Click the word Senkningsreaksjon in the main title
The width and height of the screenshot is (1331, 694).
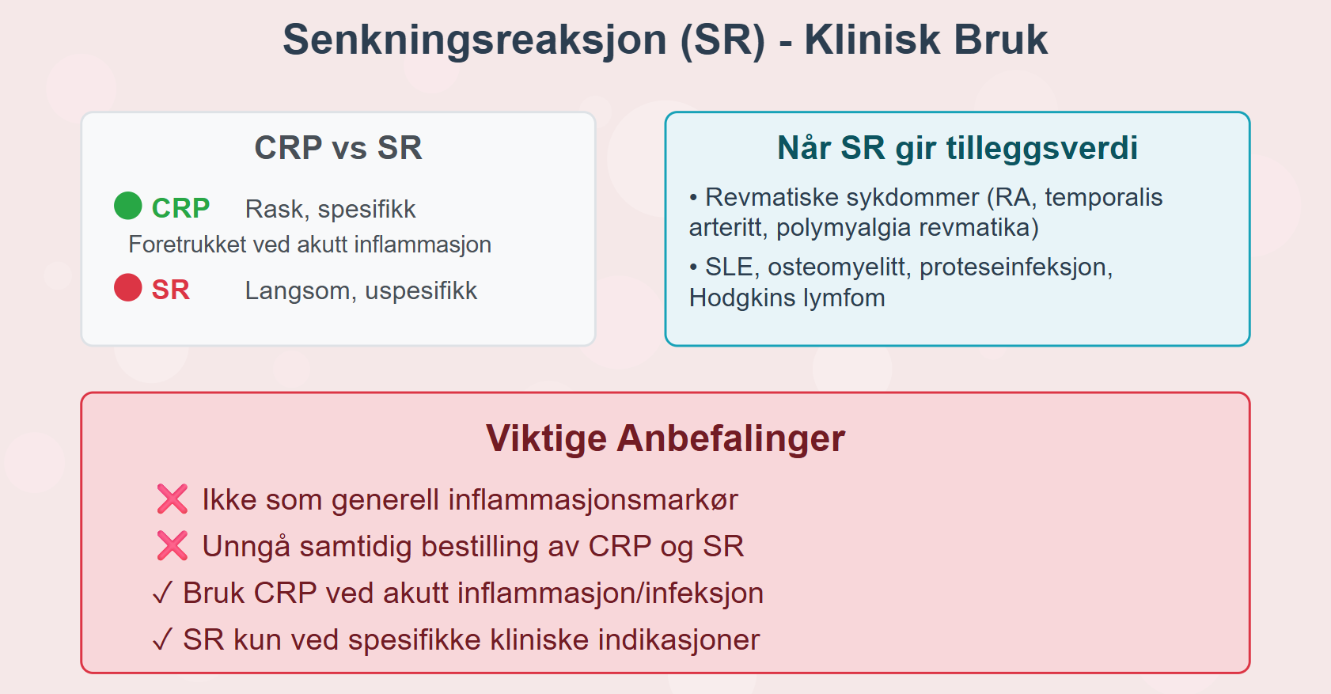(475, 41)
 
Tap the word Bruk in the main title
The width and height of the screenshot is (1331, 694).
(1001, 40)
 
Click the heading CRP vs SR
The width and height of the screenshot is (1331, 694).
(338, 148)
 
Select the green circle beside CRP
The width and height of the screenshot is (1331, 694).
(127, 206)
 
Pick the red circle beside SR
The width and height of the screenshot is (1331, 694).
(127, 287)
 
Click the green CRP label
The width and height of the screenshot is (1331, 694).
(180, 209)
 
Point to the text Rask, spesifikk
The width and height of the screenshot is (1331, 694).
(330, 209)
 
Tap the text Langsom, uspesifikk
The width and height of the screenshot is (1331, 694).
(362, 291)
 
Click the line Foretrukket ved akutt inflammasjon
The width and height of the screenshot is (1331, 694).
(309, 245)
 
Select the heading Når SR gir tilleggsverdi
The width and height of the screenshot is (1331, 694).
(957, 148)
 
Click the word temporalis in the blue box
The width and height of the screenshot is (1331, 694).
(1103, 198)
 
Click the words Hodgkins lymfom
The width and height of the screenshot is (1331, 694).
(787, 298)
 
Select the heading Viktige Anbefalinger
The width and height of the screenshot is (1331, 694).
(665, 438)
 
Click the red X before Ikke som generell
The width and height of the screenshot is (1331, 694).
(173, 499)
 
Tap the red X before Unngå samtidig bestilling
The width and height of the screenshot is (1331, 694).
(173, 545)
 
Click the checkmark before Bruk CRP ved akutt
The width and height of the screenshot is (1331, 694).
(162, 593)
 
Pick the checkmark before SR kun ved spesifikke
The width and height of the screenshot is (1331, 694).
(162, 639)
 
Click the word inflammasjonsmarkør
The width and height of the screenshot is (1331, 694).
(593, 499)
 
